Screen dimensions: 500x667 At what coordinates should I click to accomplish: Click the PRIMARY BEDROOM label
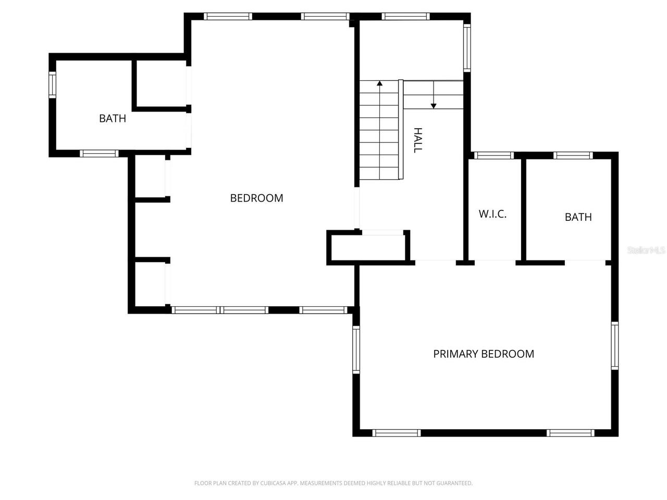point(484,354)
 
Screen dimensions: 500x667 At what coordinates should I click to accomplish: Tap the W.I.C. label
point(492,214)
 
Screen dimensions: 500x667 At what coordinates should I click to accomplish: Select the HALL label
point(417,140)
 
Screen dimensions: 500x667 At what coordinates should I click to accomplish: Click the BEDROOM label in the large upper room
point(256,198)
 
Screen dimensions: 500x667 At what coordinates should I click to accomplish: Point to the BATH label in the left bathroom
point(113,118)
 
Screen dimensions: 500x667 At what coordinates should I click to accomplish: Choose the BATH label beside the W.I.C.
point(578,217)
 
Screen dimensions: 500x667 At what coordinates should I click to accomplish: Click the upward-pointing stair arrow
point(380,83)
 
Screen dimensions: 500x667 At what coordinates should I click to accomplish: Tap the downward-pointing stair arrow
point(434,106)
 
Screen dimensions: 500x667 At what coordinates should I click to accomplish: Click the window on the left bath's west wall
point(52,84)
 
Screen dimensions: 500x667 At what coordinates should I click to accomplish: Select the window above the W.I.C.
point(494,155)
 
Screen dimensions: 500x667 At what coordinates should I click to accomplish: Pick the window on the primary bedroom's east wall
point(614,346)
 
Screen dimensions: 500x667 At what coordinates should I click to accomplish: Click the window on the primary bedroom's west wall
point(356,349)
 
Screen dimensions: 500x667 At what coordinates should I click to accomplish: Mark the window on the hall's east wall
point(467,48)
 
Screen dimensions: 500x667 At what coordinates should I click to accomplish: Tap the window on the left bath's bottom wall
point(99,153)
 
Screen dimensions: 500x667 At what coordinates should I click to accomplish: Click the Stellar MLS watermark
point(646,251)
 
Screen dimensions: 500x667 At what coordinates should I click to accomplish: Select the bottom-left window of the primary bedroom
point(397,433)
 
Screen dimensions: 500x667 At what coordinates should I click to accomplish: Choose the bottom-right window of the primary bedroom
point(570,433)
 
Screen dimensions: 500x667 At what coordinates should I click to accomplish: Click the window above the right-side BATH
point(573,155)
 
